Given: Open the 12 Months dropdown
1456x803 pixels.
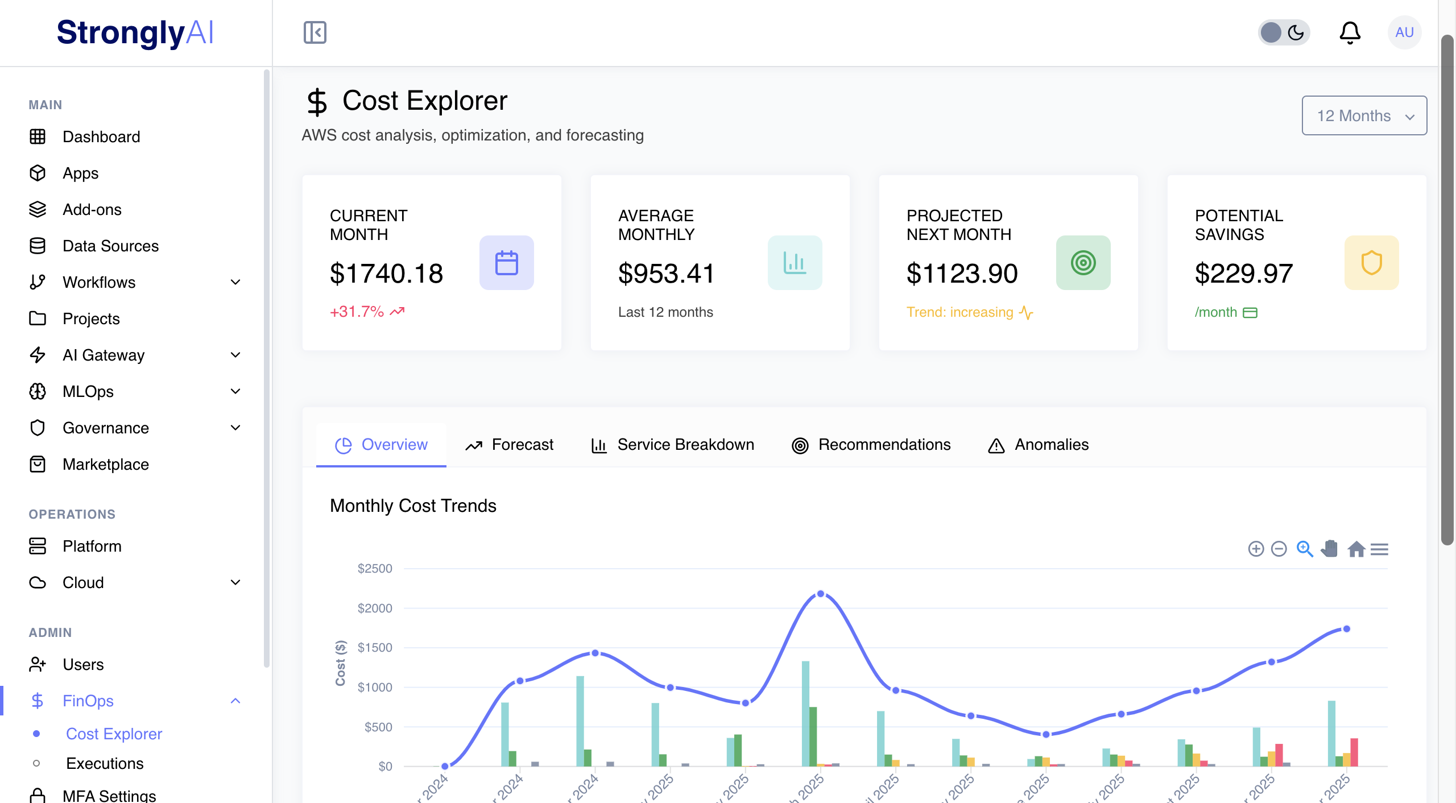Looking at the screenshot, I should click(x=1364, y=115).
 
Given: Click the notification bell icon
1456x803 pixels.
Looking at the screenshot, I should click(x=1350, y=32).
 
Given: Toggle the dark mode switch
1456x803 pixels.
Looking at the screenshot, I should click(x=1284, y=32).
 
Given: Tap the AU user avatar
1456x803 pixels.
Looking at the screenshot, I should click(x=1404, y=32).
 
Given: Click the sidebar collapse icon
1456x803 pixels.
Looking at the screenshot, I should click(x=315, y=32).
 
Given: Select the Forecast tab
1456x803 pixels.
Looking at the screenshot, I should click(x=510, y=445).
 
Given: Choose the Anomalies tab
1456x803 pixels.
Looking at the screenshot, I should click(x=1039, y=445).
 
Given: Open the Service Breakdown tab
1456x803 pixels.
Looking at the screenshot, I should click(x=673, y=445).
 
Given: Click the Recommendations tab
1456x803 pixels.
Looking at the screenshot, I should click(x=871, y=445).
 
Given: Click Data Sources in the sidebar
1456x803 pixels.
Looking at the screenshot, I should click(x=110, y=246).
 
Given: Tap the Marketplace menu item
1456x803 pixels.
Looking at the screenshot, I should click(x=106, y=464).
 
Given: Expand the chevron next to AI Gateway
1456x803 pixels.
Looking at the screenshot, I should click(x=235, y=355).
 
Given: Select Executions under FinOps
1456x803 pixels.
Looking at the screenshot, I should click(x=105, y=763).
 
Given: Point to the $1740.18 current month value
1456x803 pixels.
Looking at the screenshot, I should click(x=386, y=274).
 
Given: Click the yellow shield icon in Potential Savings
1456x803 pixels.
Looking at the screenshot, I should click(x=1371, y=263).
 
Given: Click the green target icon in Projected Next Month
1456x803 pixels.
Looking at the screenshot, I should click(x=1083, y=263).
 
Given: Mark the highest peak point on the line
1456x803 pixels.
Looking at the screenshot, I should click(x=820, y=594).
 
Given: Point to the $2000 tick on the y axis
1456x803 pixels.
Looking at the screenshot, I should click(x=375, y=608).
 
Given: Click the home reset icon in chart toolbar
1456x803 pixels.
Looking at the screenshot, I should click(x=1356, y=549).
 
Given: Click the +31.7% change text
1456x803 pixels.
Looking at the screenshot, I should click(x=357, y=312).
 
